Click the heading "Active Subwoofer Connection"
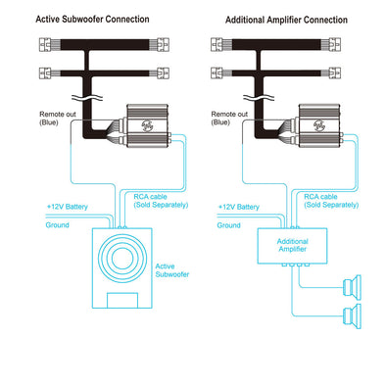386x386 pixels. point(92,20)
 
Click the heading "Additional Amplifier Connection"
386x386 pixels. point(286,20)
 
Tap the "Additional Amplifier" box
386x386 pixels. point(292,246)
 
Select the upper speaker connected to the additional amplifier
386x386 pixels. point(353,287)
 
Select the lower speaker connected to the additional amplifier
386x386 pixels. point(353,315)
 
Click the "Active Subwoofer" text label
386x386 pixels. point(172,270)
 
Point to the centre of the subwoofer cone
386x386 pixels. point(122,259)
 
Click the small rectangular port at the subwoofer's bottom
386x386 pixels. point(122,301)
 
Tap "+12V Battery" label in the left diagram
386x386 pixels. point(68,207)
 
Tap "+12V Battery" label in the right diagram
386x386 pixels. point(239,207)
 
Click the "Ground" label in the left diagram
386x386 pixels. point(57,225)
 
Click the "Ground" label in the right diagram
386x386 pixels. point(228,225)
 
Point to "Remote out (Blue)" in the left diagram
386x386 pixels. point(58,119)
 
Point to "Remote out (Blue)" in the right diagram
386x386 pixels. point(229,119)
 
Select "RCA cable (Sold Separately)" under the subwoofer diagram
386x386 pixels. point(161,201)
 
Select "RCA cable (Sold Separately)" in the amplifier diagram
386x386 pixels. point(331,201)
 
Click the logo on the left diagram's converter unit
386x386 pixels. point(147,125)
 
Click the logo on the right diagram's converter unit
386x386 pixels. point(319,125)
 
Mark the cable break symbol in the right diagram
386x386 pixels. point(259,97)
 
